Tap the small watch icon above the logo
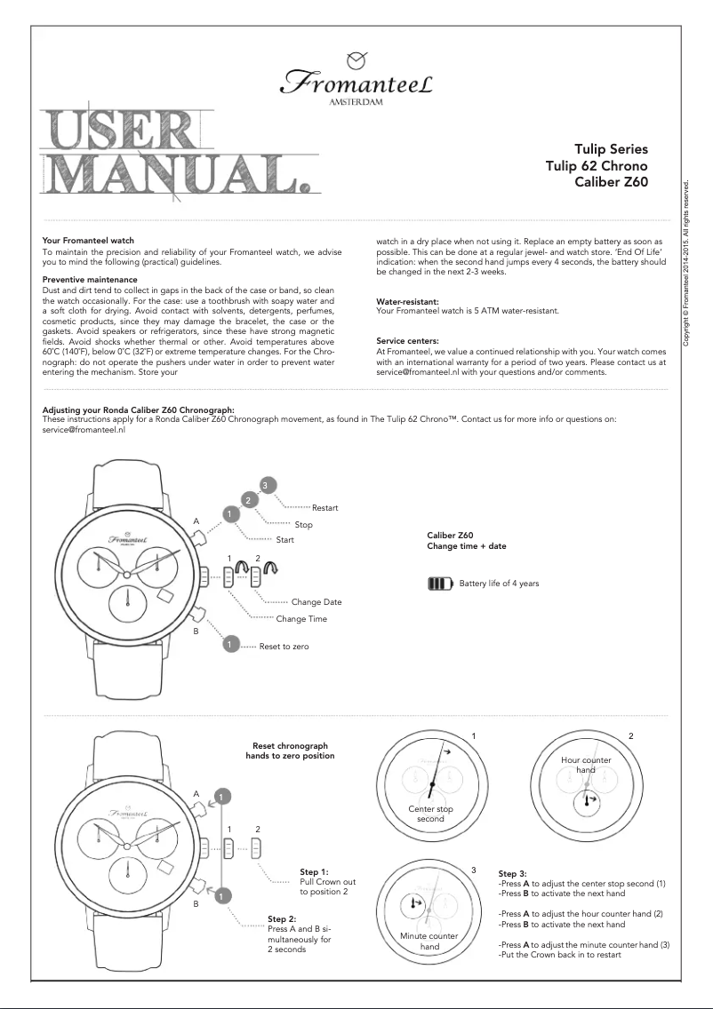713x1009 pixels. point(356,60)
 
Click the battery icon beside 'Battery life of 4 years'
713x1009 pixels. point(440,584)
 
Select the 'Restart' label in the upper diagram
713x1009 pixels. point(324,508)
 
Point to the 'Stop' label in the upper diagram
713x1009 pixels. point(303,525)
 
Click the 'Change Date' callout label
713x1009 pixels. point(316,602)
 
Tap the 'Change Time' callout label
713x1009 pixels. point(301,619)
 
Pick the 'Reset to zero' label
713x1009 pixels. point(284,647)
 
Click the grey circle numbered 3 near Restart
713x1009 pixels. point(264,484)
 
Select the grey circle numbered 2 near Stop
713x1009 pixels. point(250,500)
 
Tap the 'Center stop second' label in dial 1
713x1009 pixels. point(430,814)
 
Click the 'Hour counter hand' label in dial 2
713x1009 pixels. point(586,766)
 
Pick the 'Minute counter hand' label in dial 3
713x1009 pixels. point(429,941)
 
